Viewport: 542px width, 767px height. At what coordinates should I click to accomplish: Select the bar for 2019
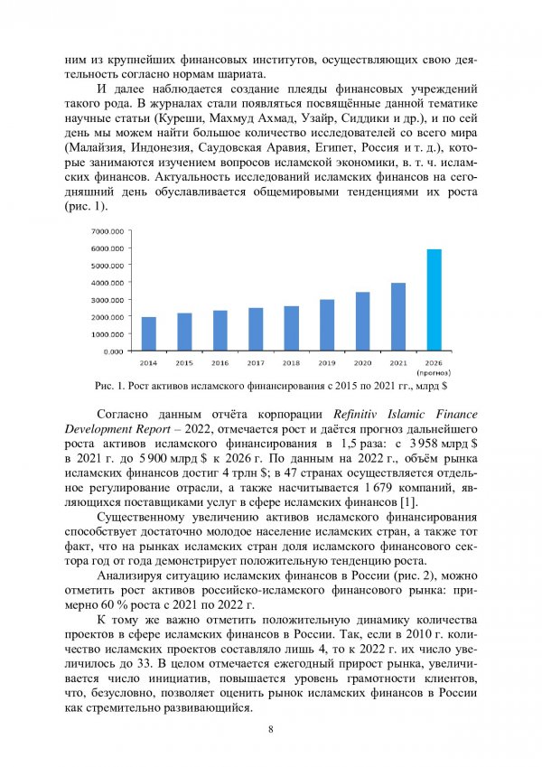(327, 324)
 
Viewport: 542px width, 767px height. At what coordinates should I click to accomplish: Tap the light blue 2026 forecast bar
(434, 300)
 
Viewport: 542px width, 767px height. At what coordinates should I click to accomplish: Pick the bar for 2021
(398, 316)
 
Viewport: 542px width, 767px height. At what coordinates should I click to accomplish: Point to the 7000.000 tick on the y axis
(107, 231)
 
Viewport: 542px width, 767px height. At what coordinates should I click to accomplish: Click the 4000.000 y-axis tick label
(107, 282)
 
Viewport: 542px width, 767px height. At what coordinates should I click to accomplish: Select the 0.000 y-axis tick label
(112, 351)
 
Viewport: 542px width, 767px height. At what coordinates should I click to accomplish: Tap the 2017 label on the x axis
(256, 362)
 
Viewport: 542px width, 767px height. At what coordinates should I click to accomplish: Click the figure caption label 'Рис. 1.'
(110, 387)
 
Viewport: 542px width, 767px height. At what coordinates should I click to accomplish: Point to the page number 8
(270, 730)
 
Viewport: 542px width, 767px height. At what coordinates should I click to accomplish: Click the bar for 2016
(220, 330)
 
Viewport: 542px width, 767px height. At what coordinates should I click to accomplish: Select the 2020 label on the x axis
(362, 362)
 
